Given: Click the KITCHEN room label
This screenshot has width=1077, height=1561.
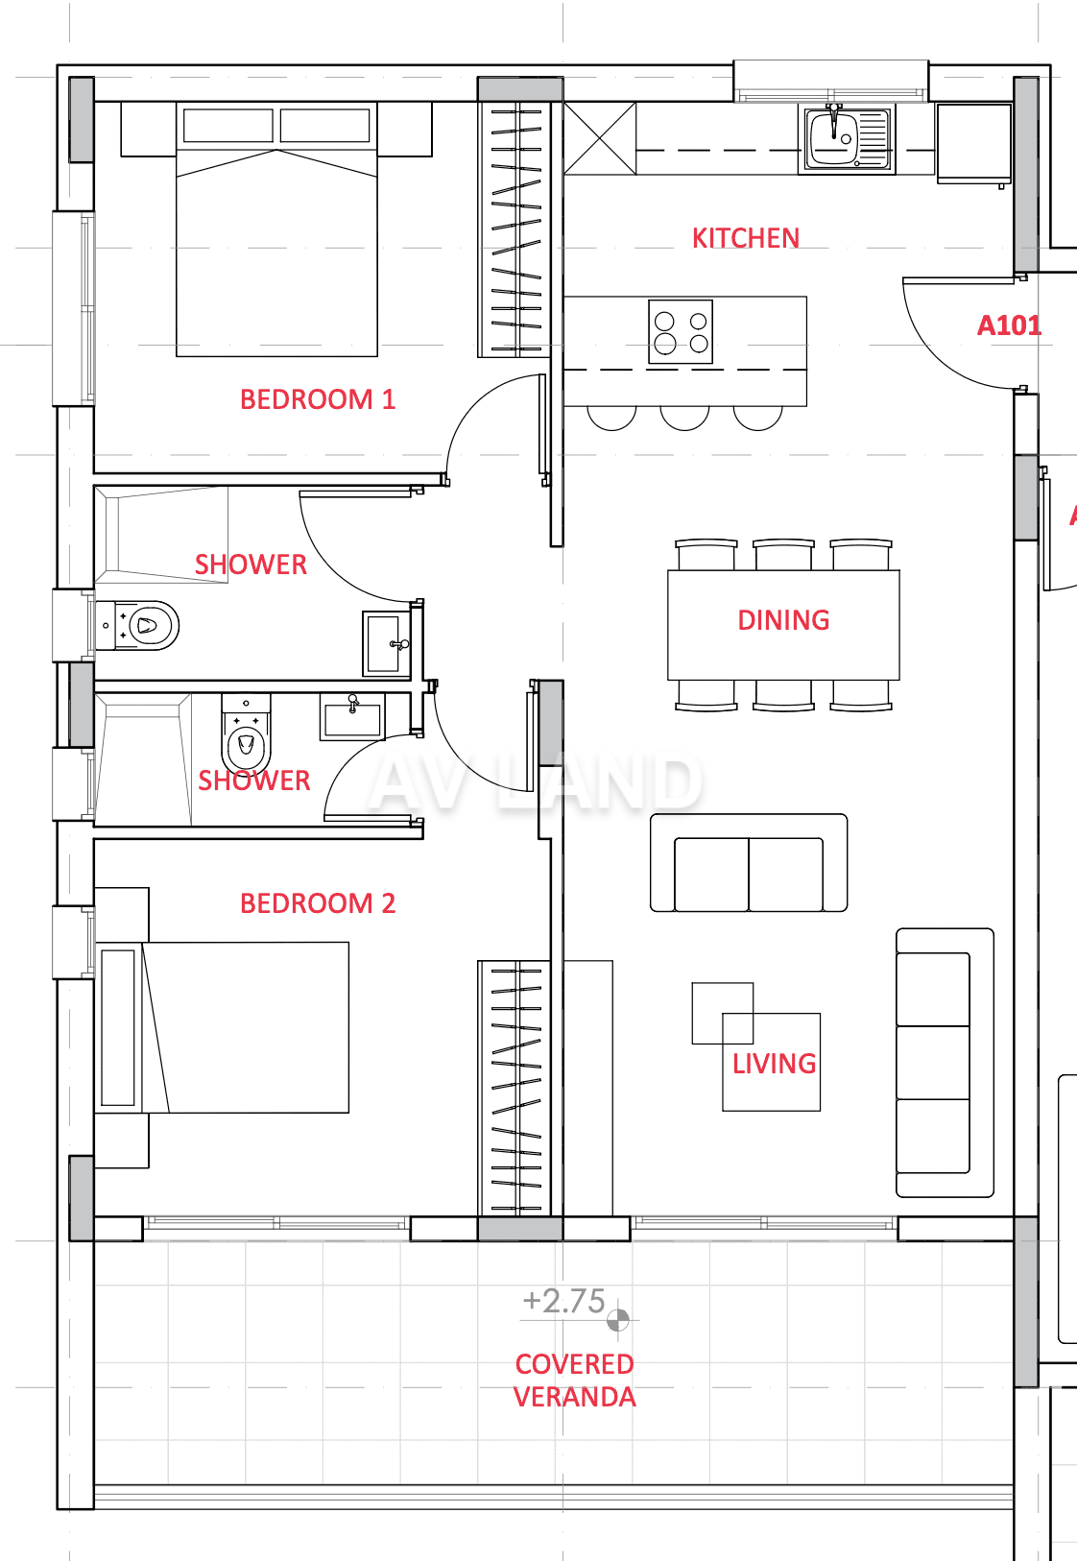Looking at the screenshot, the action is click(746, 238).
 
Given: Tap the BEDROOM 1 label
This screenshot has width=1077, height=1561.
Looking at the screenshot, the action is click(318, 399).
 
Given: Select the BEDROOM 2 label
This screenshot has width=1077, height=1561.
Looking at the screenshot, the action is click(318, 903).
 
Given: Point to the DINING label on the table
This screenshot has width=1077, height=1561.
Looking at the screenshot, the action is click(783, 620).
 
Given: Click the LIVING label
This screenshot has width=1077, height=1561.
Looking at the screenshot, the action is click(774, 1064).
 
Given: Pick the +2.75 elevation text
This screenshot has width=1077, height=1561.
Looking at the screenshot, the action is click(564, 1301).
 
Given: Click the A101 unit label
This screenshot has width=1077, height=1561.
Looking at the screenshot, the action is click(1009, 325).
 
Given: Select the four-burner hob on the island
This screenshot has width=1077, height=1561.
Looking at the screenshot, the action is click(681, 332).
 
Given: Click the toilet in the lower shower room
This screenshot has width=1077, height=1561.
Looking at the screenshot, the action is click(246, 734).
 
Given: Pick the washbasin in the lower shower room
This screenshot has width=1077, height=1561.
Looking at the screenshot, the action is click(352, 716).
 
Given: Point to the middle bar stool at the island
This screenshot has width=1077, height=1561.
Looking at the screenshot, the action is click(684, 419).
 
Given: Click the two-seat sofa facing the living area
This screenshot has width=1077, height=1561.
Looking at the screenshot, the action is click(749, 863).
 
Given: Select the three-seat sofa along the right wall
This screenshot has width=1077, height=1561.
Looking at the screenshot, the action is click(945, 1063).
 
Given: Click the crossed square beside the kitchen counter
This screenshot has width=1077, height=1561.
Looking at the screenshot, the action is click(600, 138).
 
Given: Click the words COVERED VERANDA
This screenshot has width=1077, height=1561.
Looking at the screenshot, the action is click(575, 1380).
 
